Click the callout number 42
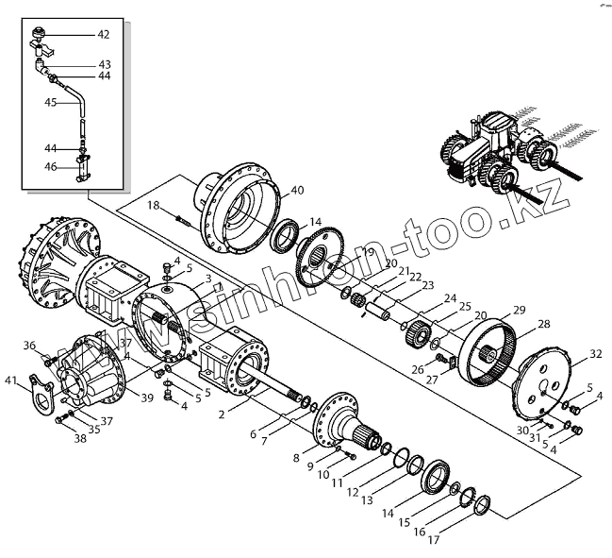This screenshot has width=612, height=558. coord(103,34)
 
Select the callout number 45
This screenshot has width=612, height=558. coord(49,103)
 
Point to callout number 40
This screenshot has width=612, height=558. coord(297,191)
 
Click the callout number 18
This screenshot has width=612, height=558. coord(153,205)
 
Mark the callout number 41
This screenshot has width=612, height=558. coord(11,380)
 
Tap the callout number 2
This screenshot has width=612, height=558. coord(221,414)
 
